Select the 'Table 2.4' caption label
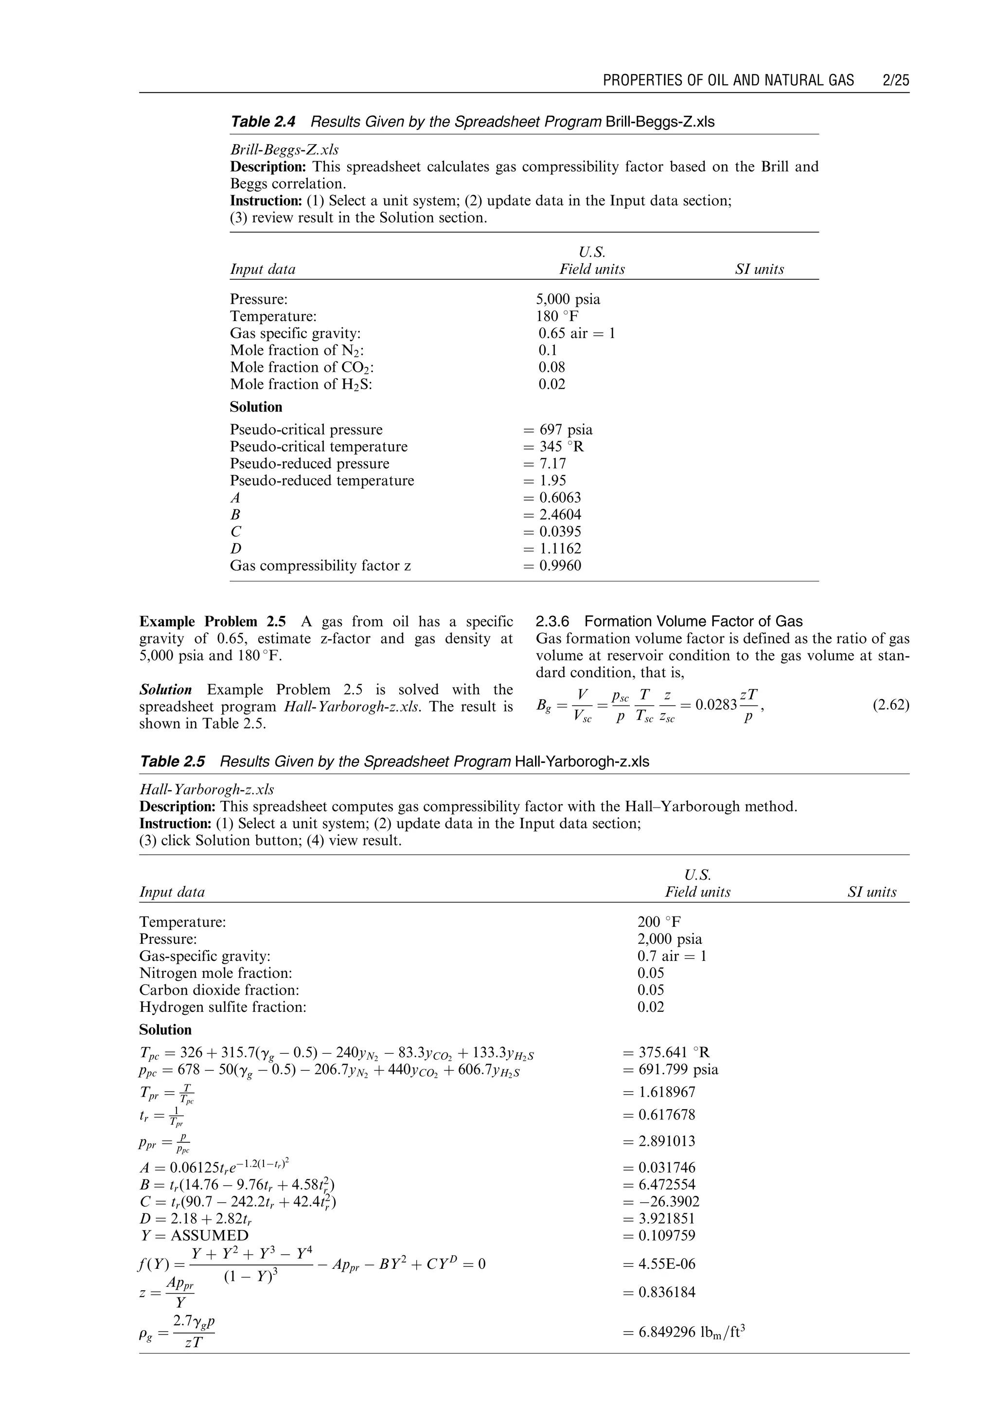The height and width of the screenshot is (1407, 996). (263, 122)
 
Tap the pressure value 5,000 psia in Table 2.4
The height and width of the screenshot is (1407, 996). (568, 299)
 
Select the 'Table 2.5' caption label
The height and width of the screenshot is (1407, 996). (172, 761)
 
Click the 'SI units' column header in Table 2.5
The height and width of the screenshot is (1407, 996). (871, 892)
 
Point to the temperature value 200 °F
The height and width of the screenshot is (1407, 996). (659, 921)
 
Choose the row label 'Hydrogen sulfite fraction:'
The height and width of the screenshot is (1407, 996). (223, 1007)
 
